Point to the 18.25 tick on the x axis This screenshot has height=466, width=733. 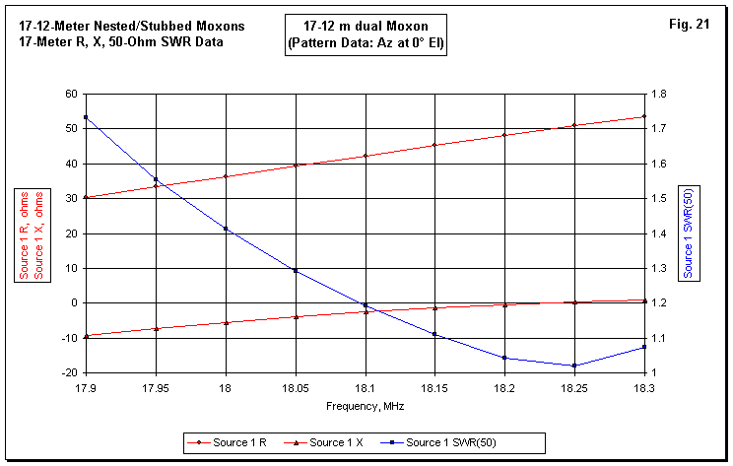(574, 387)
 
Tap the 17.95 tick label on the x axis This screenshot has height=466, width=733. (156, 387)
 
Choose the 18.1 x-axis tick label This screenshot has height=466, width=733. (366, 387)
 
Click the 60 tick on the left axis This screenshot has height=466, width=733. (70, 95)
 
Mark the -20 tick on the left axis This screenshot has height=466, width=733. (68, 373)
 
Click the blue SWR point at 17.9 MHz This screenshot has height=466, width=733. (87, 117)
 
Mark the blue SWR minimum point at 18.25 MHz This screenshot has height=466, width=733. (574, 366)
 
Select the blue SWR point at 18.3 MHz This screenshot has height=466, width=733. (644, 347)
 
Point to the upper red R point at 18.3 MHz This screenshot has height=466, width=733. (644, 116)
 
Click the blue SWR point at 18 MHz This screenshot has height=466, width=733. (226, 229)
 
